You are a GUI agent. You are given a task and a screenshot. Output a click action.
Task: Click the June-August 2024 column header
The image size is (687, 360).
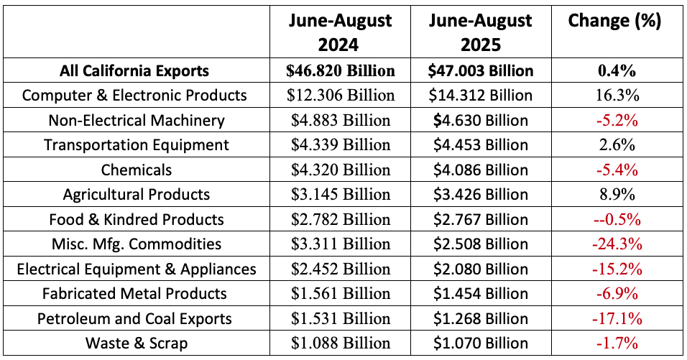(x=341, y=32)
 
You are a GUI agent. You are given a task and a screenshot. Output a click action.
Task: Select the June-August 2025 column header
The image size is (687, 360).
(x=481, y=32)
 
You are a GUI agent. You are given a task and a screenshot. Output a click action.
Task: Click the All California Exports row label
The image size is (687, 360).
(x=135, y=70)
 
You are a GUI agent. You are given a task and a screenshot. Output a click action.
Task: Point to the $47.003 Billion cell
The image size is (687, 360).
(x=481, y=70)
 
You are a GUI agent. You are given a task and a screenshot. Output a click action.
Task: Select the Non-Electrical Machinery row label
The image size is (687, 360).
(x=136, y=120)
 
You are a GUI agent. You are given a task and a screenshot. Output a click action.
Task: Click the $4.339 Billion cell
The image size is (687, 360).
(x=341, y=144)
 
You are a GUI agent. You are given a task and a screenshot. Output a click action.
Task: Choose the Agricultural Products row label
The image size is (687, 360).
(x=136, y=194)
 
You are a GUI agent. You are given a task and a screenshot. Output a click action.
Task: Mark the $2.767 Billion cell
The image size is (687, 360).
(x=481, y=219)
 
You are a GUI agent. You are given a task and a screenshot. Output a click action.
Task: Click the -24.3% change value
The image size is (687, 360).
(x=617, y=244)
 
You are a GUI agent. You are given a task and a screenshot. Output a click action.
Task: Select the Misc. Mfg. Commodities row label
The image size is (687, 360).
(x=136, y=244)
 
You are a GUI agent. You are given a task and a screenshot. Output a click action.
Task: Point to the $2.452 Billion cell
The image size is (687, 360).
(x=341, y=269)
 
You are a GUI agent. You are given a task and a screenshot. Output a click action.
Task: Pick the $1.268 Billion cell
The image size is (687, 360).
(x=481, y=318)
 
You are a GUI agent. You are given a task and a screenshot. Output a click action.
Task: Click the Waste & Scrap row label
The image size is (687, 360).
(x=136, y=343)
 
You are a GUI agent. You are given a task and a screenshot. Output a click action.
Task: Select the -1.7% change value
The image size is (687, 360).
(x=617, y=343)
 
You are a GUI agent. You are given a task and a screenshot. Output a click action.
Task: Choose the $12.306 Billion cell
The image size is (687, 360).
(x=341, y=95)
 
